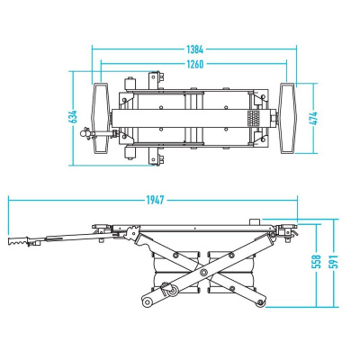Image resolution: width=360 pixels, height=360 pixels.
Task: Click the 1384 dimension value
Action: pyautogui.click(x=195, y=49)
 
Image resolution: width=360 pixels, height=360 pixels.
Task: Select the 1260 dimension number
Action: pyautogui.click(x=195, y=64)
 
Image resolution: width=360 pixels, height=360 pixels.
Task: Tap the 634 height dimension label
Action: pyautogui.click(x=73, y=117)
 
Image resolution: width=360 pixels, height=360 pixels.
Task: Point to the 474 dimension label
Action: pyautogui.click(x=313, y=119)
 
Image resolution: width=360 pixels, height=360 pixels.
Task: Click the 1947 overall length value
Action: pyautogui.click(x=156, y=200)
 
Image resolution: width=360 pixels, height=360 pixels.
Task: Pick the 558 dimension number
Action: pyautogui.click(x=317, y=261)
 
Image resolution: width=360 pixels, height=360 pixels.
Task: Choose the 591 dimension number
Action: pyautogui.click(x=334, y=261)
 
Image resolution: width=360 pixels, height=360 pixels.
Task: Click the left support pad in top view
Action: pyautogui.click(x=101, y=118)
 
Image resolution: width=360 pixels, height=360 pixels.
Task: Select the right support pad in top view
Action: pyautogui.click(x=287, y=118)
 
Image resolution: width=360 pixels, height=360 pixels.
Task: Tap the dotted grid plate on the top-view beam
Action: pyautogui.click(x=253, y=118)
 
